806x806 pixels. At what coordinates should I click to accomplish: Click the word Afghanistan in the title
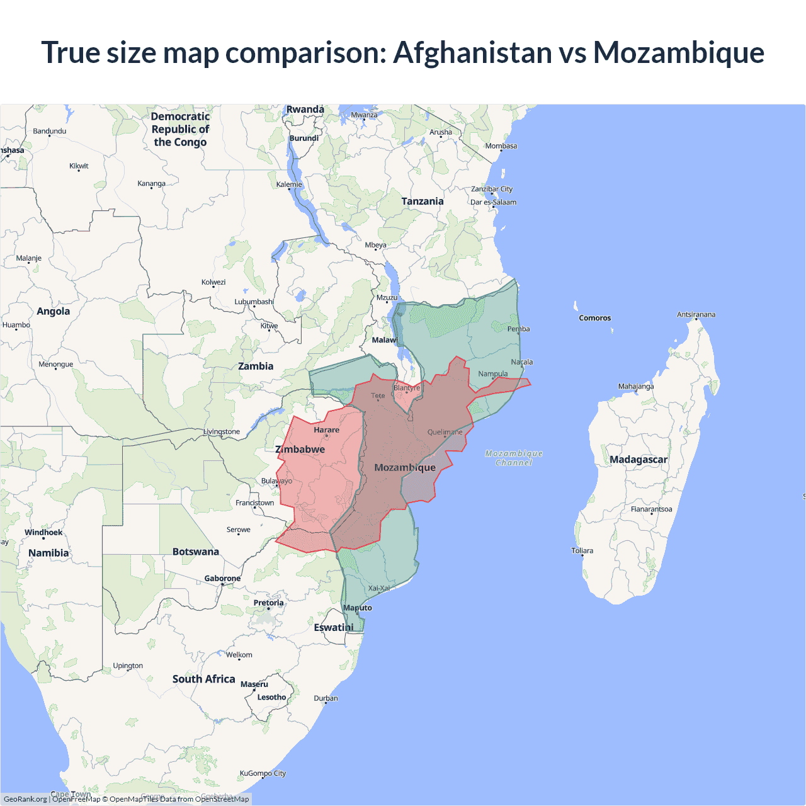tap(472, 52)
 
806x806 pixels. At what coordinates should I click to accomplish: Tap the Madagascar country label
tap(638, 460)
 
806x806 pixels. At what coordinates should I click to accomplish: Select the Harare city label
tap(326, 430)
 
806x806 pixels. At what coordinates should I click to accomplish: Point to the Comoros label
tap(594, 318)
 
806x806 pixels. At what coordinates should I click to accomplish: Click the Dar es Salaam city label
tap(493, 202)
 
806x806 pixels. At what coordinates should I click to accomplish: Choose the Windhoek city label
tap(43, 533)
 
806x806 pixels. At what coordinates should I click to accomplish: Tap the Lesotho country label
tap(271, 697)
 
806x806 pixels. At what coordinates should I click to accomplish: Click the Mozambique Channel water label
tap(514, 458)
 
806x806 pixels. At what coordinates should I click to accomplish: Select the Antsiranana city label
tap(696, 314)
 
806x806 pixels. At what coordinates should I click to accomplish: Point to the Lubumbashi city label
tap(254, 302)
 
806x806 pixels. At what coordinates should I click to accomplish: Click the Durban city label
tap(326, 698)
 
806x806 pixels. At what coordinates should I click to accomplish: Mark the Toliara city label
tap(582, 550)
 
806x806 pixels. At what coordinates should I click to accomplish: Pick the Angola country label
tap(54, 311)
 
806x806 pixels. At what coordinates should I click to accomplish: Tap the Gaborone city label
tap(222, 578)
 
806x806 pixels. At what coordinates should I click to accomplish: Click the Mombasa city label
tap(501, 146)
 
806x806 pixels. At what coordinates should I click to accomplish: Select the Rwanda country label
tap(305, 110)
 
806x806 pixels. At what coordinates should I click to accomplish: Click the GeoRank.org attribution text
tap(25, 799)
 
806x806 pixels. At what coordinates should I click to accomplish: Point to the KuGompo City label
tap(263, 773)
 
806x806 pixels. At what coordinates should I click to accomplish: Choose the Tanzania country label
tap(423, 201)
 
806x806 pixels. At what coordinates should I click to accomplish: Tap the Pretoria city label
tap(268, 603)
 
